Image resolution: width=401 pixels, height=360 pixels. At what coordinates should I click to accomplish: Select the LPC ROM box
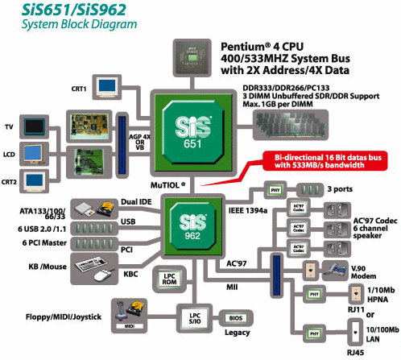point(170,279)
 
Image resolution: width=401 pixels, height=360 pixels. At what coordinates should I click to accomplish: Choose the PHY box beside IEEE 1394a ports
point(274,191)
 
